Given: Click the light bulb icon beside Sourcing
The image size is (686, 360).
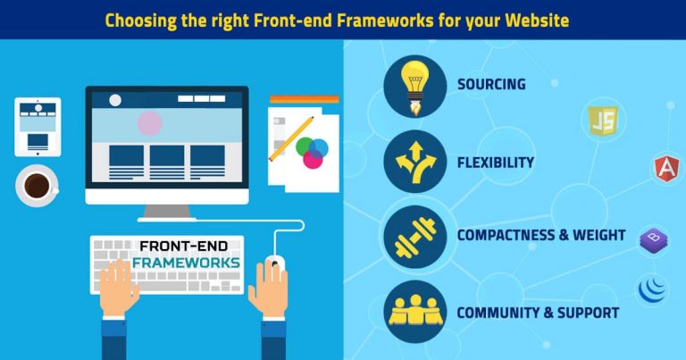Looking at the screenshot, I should pyautogui.click(x=414, y=85).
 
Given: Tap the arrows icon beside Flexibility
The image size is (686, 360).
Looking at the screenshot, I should pyautogui.click(x=414, y=162).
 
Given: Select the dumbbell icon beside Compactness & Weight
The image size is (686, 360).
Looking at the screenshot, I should pyautogui.click(x=414, y=236).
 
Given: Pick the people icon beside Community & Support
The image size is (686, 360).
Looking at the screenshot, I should pyautogui.click(x=414, y=311).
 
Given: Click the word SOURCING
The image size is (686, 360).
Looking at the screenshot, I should pyautogui.click(x=490, y=85).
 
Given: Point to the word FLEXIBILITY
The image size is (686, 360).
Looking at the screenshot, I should pyautogui.click(x=495, y=163).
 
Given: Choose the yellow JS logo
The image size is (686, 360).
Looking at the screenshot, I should pyautogui.click(x=603, y=121).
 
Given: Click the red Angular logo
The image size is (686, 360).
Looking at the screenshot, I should pyautogui.click(x=665, y=167).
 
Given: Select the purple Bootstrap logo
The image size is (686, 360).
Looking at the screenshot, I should pyautogui.click(x=653, y=239).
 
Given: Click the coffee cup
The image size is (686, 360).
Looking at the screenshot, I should pyautogui.click(x=38, y=185).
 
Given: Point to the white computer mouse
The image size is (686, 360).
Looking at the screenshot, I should pyautogui.click(x=274, y=265).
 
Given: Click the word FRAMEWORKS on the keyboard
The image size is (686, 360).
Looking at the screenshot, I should pyautogui.click(x=185, y=263).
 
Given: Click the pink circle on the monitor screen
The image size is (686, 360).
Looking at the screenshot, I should pyautogui.click(x=150, y=122).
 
